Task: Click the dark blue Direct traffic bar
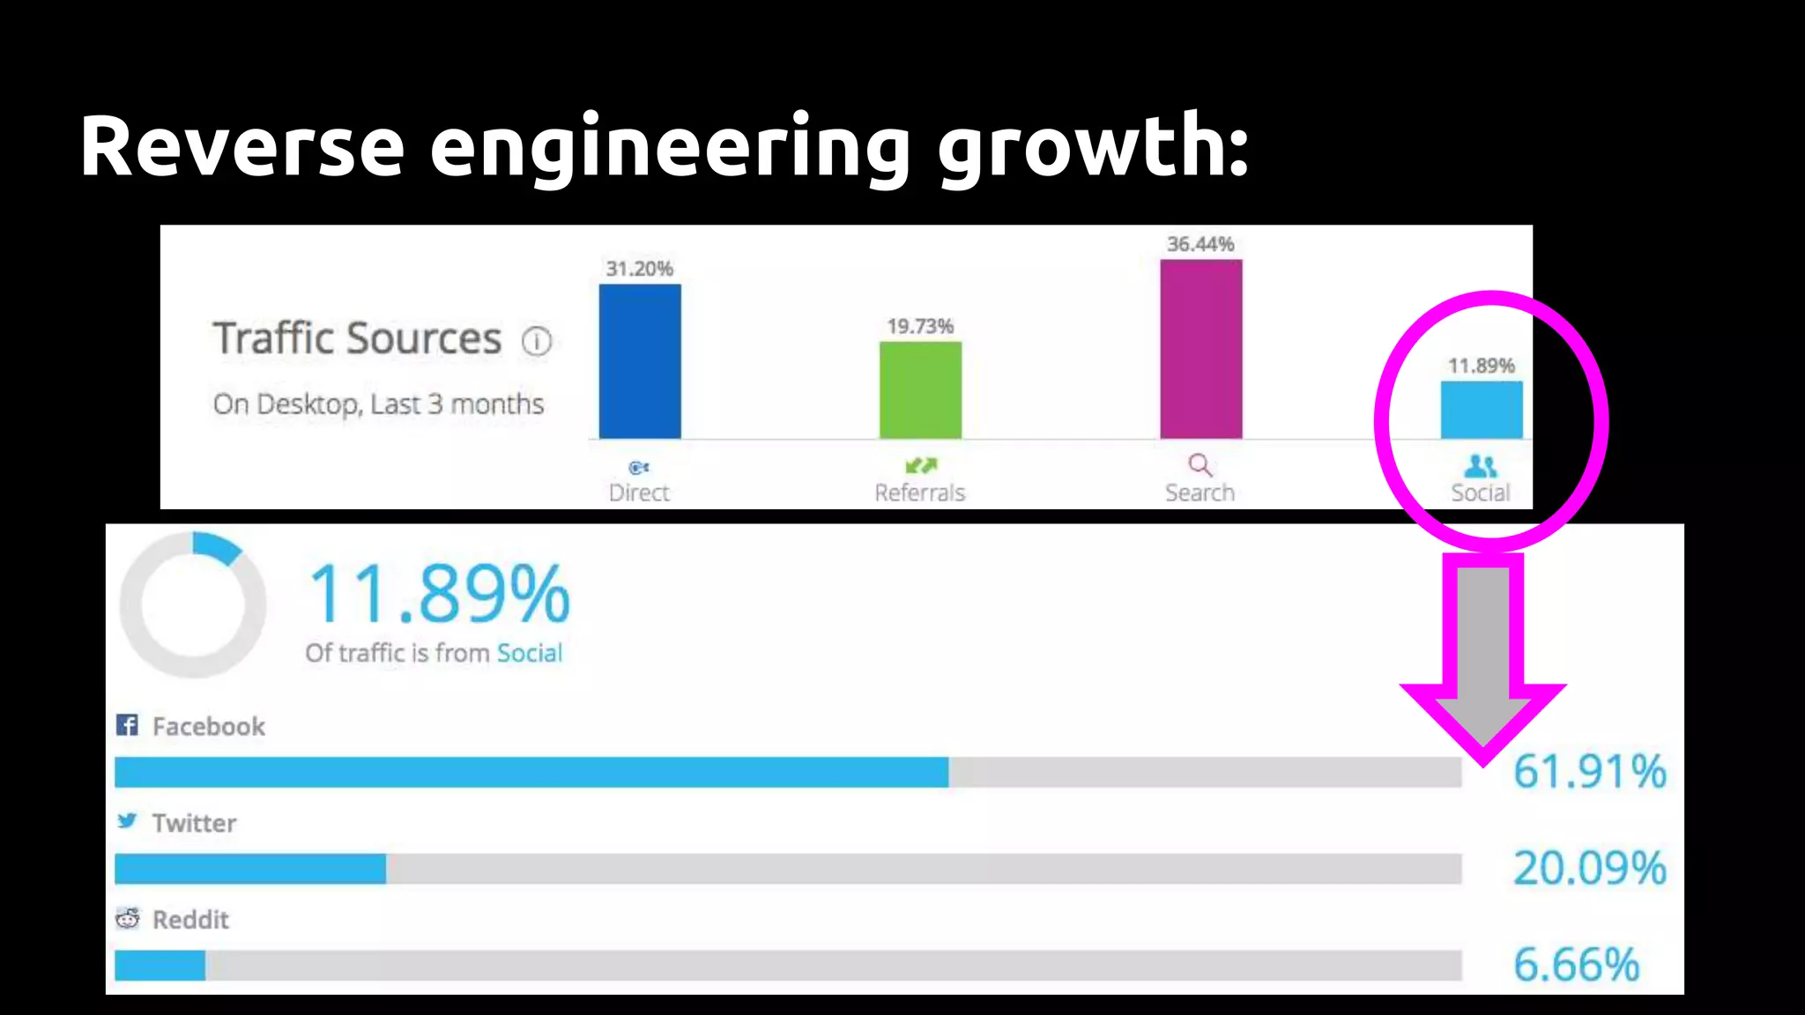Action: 640,361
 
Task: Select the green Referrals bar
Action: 920,390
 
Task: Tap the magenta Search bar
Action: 1200,349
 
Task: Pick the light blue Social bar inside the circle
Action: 1481,410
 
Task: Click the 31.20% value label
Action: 639,269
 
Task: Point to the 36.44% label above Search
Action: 1200,244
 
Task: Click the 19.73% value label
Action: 920,327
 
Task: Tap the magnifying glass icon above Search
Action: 1200,464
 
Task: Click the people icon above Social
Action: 1481,465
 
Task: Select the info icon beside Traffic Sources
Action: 536,341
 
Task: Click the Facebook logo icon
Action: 127,725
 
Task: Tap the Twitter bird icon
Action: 127,821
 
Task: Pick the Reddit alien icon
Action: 128,918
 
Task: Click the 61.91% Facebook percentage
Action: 1589,772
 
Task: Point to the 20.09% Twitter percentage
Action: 1589,868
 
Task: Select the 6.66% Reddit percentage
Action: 1576,965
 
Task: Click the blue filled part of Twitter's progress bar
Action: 250,869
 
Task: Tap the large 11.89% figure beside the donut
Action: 439,595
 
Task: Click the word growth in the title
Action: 1093,147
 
